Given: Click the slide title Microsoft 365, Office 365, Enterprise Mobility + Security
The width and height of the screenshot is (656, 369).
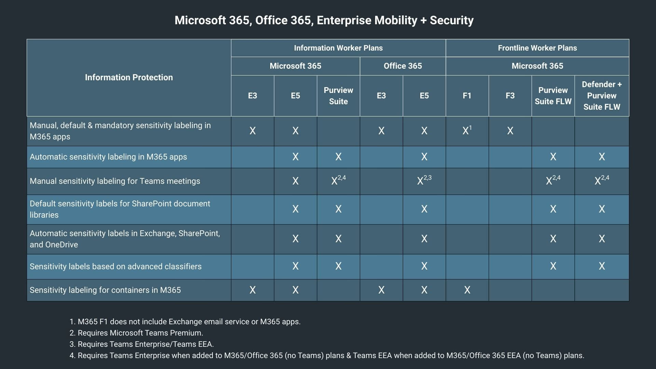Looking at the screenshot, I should (324, 20).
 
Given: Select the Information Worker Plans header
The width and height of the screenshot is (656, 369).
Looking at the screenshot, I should (338, 48).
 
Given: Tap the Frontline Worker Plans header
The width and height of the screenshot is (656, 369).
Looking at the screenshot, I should (537, 48).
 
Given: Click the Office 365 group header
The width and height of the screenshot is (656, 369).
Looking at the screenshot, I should (402, 66).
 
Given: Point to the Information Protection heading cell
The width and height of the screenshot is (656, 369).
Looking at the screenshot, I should (129, 78).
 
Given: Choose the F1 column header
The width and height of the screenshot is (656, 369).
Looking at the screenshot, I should (467, 96).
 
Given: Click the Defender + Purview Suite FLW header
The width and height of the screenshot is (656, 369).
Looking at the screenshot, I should (601, 96).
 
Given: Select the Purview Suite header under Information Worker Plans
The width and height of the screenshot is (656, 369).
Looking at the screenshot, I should (338, 96).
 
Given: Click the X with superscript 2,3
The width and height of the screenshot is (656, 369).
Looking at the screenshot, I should (424, 180).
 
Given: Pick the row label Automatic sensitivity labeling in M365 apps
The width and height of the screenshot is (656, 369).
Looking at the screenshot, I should (108, 157).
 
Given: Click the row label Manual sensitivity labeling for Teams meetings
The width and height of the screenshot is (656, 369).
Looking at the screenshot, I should (115, 181).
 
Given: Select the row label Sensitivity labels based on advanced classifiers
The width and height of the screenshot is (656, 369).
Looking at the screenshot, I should (115, 266).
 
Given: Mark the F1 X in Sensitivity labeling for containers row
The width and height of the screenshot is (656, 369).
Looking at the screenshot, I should (467, 290).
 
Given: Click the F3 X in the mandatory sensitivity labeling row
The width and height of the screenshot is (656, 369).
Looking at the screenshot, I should (510, 131).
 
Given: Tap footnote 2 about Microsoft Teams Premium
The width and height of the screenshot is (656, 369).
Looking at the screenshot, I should (136, 333).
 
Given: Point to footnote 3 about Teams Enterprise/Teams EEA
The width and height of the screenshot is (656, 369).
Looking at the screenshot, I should (141, 344).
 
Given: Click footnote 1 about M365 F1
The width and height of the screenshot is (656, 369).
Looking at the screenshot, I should (185, 322).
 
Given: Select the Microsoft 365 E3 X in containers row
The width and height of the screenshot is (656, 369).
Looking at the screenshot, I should (252, 290).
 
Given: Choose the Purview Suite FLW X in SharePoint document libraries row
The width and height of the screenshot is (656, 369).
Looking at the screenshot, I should (553, 209).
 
